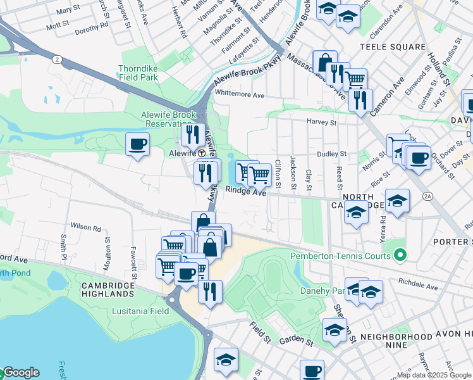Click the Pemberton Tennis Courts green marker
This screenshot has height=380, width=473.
[x=399, y=256]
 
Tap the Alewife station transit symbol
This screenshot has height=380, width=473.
[x=202, y=153]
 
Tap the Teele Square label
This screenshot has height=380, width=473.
[x=392, y=47]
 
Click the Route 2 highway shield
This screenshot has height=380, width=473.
[x=57, y=59]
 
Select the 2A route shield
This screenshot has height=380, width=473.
[x=428, y=197]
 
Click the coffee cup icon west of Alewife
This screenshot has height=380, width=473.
[x=137, y=144]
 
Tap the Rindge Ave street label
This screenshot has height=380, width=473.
[x=246, y=193]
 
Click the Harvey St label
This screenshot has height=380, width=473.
[x=322, y=122]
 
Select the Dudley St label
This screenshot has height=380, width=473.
[x=332, y=153]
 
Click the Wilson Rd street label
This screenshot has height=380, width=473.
[x=86, y=226]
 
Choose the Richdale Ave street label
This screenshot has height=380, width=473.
[x=418, y=286]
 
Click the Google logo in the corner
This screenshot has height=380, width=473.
[x=20, y=372]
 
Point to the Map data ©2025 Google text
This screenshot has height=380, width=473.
[x=434, y=375]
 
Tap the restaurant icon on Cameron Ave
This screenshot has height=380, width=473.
[x=360, y=101]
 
